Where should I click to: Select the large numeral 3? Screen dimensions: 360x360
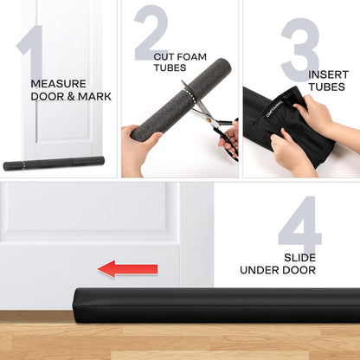(300, 49)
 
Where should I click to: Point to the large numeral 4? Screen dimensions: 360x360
(300, 223)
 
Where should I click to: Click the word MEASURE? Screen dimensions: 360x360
(59, 84)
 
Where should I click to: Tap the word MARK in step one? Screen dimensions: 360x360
(94, 97)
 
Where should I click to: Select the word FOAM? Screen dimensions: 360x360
(192, 57)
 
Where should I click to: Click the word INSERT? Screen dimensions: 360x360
(329, 74)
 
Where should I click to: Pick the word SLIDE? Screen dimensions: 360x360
(299, 258)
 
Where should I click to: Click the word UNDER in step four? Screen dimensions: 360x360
(260, 270)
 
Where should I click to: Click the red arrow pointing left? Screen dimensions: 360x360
(128, 269)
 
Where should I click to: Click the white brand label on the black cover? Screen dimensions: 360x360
(274, 110)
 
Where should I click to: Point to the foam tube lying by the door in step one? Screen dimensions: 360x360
(54, 164)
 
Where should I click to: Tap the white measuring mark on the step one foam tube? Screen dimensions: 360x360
(23, 165)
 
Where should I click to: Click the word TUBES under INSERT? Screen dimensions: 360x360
(327, 87)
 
